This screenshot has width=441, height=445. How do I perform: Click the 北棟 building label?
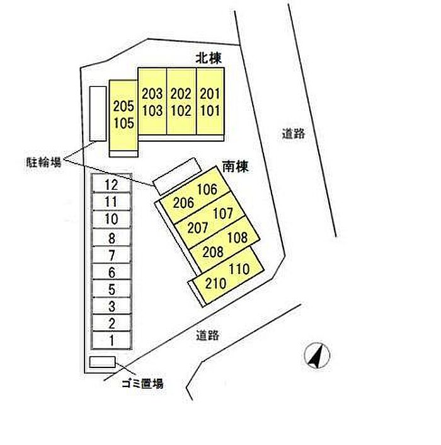(209, 58)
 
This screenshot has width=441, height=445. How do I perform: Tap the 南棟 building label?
(235, 166)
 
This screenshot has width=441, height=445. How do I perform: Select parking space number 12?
(111, 185)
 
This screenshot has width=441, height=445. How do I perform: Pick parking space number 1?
(112, 340)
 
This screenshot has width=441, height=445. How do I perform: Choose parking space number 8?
(112, 238)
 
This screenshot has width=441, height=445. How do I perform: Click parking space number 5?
(112, 289)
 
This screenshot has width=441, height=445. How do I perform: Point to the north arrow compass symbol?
(317, 355)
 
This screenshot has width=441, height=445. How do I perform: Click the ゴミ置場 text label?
(142, 384)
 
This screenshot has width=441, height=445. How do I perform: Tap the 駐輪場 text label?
(43, 163)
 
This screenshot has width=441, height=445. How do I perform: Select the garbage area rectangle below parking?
(103, 362)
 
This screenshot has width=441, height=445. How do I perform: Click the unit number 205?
(123, 106)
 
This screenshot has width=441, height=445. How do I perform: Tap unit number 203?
(152, 94)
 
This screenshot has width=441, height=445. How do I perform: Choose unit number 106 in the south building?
(207, 189)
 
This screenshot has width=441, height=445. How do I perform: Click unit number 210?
(216, 283)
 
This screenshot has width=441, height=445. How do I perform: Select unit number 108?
(238, 237)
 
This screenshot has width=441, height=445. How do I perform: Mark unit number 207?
(198, 228)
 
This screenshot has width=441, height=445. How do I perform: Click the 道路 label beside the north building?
(294, 134)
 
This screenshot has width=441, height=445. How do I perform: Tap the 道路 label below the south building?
(208, 335)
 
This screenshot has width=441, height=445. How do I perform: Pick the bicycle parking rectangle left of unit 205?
(98, 113)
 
